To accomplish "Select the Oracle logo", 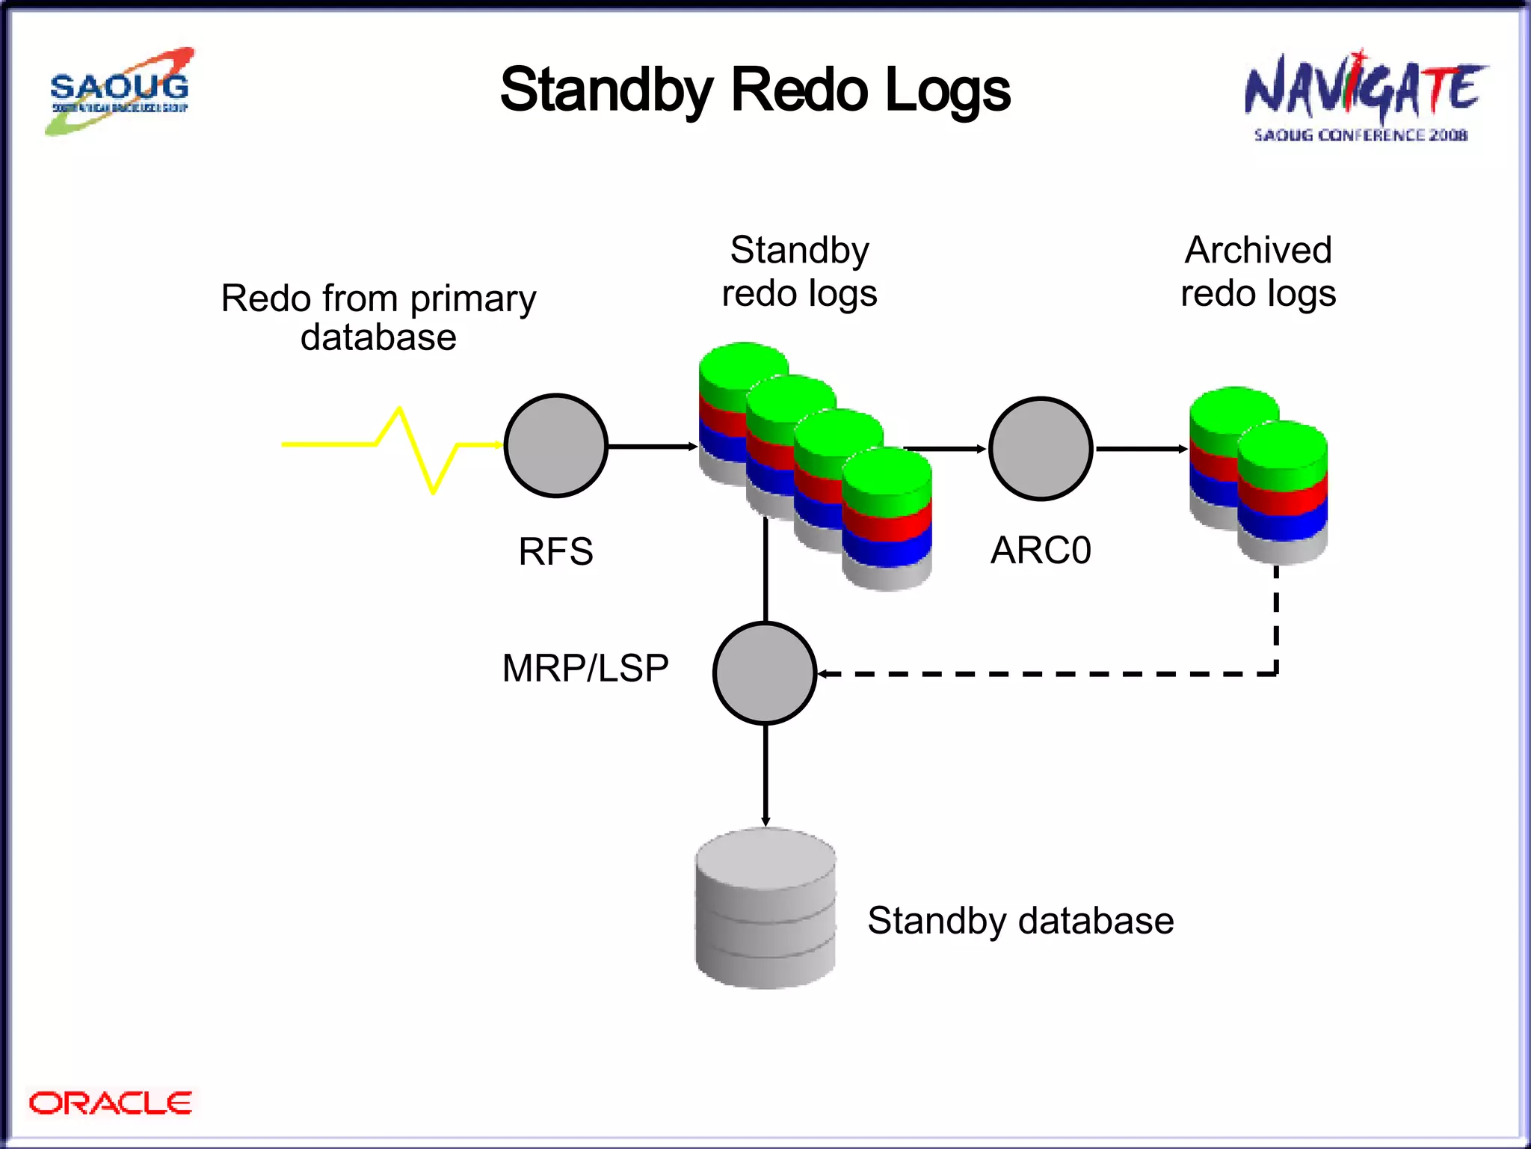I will [x=110, y=1103].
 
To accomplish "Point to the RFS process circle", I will [x=555, y=446].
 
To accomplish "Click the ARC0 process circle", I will [x=1041, y=448].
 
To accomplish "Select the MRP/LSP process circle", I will [x=765, y=672].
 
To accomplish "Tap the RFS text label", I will [x=555, y=552].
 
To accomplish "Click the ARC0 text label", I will [x=1041, y=551].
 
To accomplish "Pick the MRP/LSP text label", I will [x=585, y=668].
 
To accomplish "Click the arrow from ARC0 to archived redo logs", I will [x=1141, y=449].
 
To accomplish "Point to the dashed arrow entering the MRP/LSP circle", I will [x=1047, y=674].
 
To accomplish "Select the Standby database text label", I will [x=1020, y=920].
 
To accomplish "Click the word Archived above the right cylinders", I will [x=1258, y=250].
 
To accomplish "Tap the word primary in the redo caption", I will [x=472, y=299].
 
